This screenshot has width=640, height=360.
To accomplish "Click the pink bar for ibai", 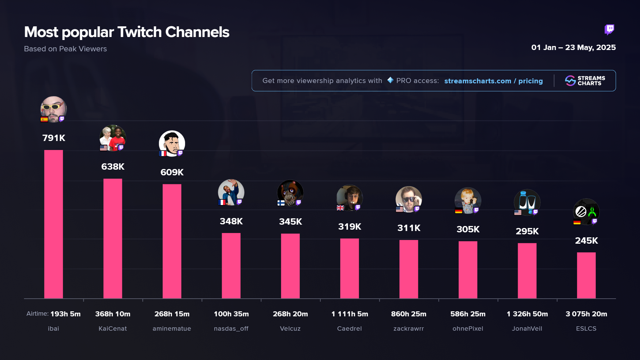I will tap(53, 224).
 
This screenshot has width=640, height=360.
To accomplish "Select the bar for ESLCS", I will tap(586, 275).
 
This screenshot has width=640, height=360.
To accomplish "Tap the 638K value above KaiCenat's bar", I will tap(113, 167).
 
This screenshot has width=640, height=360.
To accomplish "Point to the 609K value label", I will tap(172, 172).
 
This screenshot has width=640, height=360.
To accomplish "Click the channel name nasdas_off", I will tap(231, 329).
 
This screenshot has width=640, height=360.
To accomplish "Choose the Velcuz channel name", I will tap(290, 329).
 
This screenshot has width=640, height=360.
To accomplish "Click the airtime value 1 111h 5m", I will tap(350, 314).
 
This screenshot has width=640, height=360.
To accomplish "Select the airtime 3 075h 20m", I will tap(586, 314).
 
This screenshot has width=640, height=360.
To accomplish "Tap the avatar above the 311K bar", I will tap(409, 199).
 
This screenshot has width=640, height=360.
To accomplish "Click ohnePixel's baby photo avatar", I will tap(468, 200).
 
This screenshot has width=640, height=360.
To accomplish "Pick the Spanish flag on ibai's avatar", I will tap(44, 119).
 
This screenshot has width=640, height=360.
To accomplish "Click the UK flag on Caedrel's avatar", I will tap(340, 208).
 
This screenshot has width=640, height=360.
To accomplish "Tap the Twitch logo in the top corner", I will tap(609, 30).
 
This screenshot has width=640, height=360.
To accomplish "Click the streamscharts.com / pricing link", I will tap(493, 81).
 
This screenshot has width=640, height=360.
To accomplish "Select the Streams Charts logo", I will tap(585, 81).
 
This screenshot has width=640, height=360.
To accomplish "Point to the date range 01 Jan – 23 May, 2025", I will tap(573, 47).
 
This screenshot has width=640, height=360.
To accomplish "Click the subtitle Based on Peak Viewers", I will tap(65, 49).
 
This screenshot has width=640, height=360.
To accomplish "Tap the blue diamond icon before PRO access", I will tap(390, 80).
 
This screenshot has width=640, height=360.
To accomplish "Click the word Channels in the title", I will tap(197, 32).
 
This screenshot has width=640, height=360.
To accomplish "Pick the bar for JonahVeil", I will tap(527, 271).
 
